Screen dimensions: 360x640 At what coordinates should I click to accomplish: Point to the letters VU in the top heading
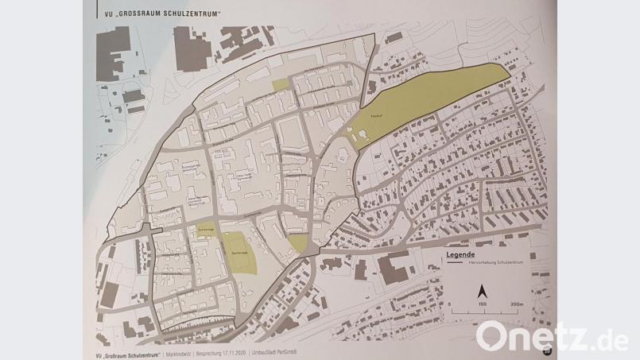pos(99,14)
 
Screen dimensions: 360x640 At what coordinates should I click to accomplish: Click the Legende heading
pos(461,254)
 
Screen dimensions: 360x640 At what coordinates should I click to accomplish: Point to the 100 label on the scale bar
pos(482,304)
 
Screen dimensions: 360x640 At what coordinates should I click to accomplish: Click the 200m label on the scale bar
pos(514,304)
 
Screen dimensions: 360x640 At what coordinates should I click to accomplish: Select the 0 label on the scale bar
pos(449,304)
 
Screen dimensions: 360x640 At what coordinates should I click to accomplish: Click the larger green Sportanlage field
pos(239,254)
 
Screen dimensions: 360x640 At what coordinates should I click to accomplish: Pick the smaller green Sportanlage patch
pos(204,230)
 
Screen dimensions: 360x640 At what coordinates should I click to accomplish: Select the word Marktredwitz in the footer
pos(184,353)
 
